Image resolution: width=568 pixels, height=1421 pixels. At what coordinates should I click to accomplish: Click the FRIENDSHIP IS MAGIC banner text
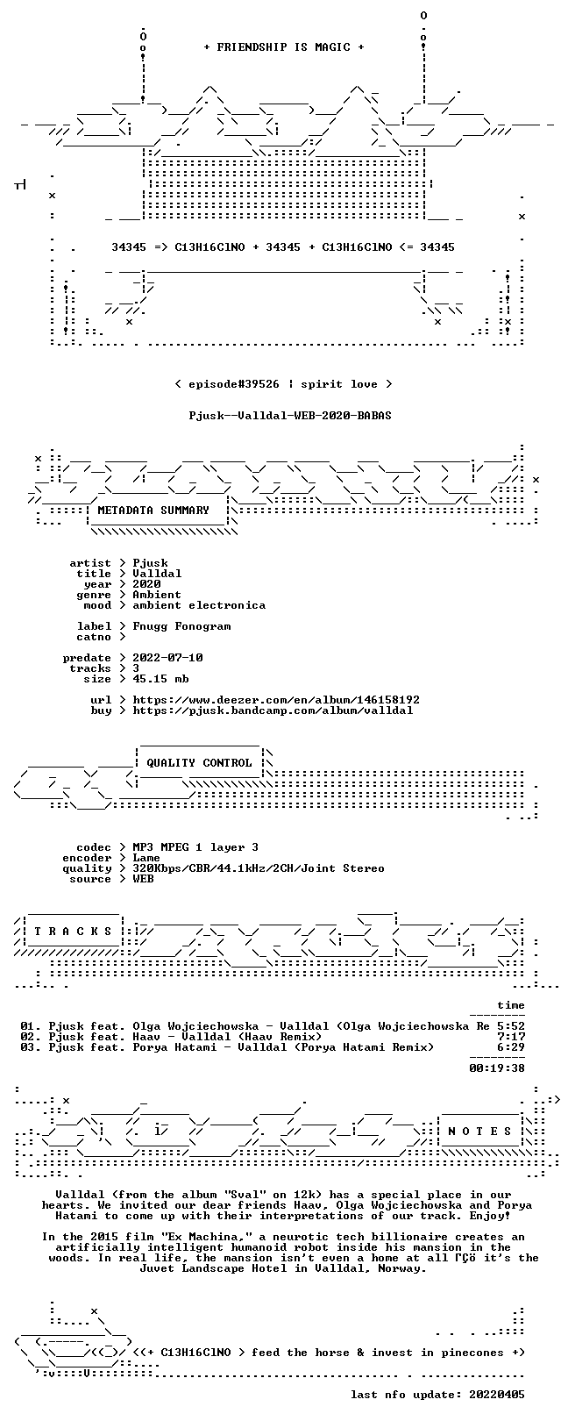click(284, 47)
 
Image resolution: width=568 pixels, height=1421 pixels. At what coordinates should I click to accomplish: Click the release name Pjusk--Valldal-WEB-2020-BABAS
click(290, 416)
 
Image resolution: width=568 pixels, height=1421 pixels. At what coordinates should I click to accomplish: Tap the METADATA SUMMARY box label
click(153, 511)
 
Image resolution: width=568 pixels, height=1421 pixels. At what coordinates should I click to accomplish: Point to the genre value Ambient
click(157, 595)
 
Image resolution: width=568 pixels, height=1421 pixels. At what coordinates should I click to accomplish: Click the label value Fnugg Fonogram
click(181, 627)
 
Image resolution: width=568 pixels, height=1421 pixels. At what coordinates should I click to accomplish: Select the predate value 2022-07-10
click(167, 658)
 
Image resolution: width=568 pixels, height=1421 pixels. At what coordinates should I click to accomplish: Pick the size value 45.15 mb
click(160, 679)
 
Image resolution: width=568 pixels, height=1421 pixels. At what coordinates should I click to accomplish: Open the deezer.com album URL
click(276, 700)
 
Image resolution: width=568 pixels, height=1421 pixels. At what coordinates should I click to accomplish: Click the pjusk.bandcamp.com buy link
click(273, 710)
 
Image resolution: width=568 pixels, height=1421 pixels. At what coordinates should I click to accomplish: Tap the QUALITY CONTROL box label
click(199, 763)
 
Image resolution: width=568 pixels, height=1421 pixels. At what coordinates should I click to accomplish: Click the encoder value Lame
click(146, 858)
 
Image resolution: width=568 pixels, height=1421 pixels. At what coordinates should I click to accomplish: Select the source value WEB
click(143, 879)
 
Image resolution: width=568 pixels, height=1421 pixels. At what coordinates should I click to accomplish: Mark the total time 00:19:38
click(497, 1068)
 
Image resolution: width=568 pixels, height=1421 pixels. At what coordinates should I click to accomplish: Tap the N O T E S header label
click(479, 1131)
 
